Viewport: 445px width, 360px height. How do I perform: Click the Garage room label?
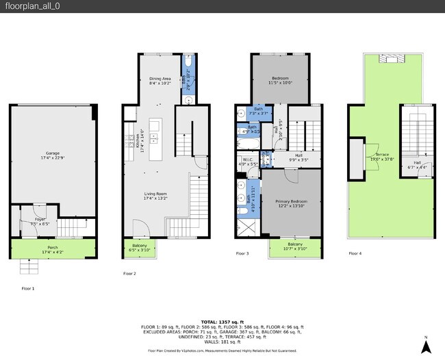53,155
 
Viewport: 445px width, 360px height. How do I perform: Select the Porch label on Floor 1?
53,249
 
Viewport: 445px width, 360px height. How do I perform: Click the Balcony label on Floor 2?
139,248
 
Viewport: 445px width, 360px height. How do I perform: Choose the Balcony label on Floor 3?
295,246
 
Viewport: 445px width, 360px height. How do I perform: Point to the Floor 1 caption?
28,288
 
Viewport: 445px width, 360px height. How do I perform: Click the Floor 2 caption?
129,273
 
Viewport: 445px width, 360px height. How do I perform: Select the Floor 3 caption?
242,253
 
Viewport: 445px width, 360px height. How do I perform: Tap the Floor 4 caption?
355,253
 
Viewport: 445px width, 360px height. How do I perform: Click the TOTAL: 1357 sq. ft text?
222,322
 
